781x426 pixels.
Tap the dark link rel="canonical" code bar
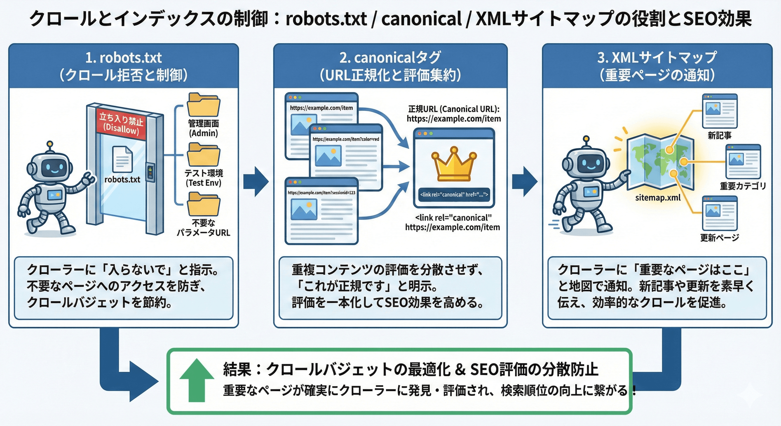tap(454, 195)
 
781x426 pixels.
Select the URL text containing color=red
tap(346, 139)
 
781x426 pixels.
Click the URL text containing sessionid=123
tap(321, 192)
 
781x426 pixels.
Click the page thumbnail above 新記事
tap(719, 111)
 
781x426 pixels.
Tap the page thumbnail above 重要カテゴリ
tap(743, 162)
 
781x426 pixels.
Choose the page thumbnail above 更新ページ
tap(719, 213)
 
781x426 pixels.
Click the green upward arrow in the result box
tap(197, 380)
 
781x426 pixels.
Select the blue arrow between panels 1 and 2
tap(256, 181)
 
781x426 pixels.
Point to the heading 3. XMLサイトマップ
tap(657, 58)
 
